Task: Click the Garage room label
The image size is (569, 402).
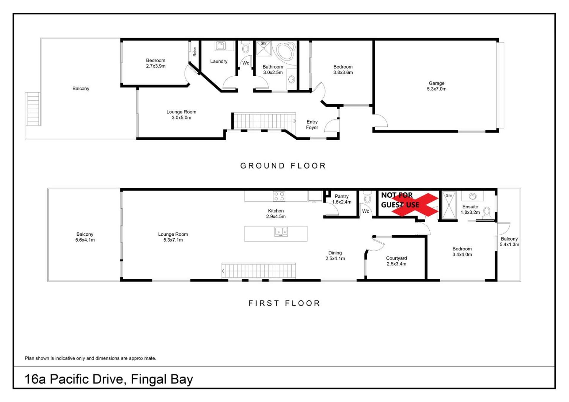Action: pos(437,86)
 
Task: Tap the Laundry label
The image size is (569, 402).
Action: pos(219,61)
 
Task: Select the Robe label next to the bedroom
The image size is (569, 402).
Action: pos(195,52)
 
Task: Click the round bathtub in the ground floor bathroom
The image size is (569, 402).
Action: pos(286,52)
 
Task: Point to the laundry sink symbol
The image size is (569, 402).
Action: pos(220,46)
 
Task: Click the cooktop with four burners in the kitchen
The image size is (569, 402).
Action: pos(279,196)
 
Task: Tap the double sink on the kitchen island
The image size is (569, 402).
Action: pos(281,232)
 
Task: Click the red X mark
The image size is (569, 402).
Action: pos(415,205)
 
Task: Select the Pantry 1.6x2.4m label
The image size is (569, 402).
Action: pos(342,199)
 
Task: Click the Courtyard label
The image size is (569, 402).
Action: pos(397,258)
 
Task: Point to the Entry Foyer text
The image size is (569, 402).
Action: pos(312,125)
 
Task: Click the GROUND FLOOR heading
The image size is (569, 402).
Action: pos(283,165)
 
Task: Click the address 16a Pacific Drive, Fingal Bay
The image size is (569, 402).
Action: pos(109,379)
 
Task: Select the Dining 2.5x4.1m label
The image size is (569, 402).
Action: pos(335,255)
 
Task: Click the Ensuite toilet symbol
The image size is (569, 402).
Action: pos(486,213)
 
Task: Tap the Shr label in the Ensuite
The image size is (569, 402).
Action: pos(449,195)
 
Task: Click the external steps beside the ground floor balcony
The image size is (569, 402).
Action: pos(33,109)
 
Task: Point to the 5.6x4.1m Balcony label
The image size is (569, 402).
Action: pos(85,237)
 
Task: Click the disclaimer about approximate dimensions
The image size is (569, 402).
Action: pos(90,358)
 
